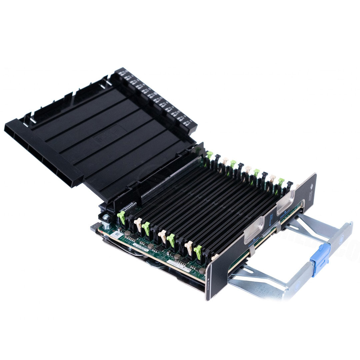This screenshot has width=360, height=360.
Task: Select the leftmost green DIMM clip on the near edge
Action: pyautogui.click(x=121, y=217)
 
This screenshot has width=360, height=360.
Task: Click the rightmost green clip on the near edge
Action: pyautogui.click(x=198, y=252)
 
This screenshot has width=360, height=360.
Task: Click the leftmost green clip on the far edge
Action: pyautogui.click(x=209, y=155)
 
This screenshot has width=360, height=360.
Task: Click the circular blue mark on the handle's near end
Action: pyautogui.click(x=296, y=285)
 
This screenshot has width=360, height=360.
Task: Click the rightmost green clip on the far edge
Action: pyautogui.click(x=281, y=182)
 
